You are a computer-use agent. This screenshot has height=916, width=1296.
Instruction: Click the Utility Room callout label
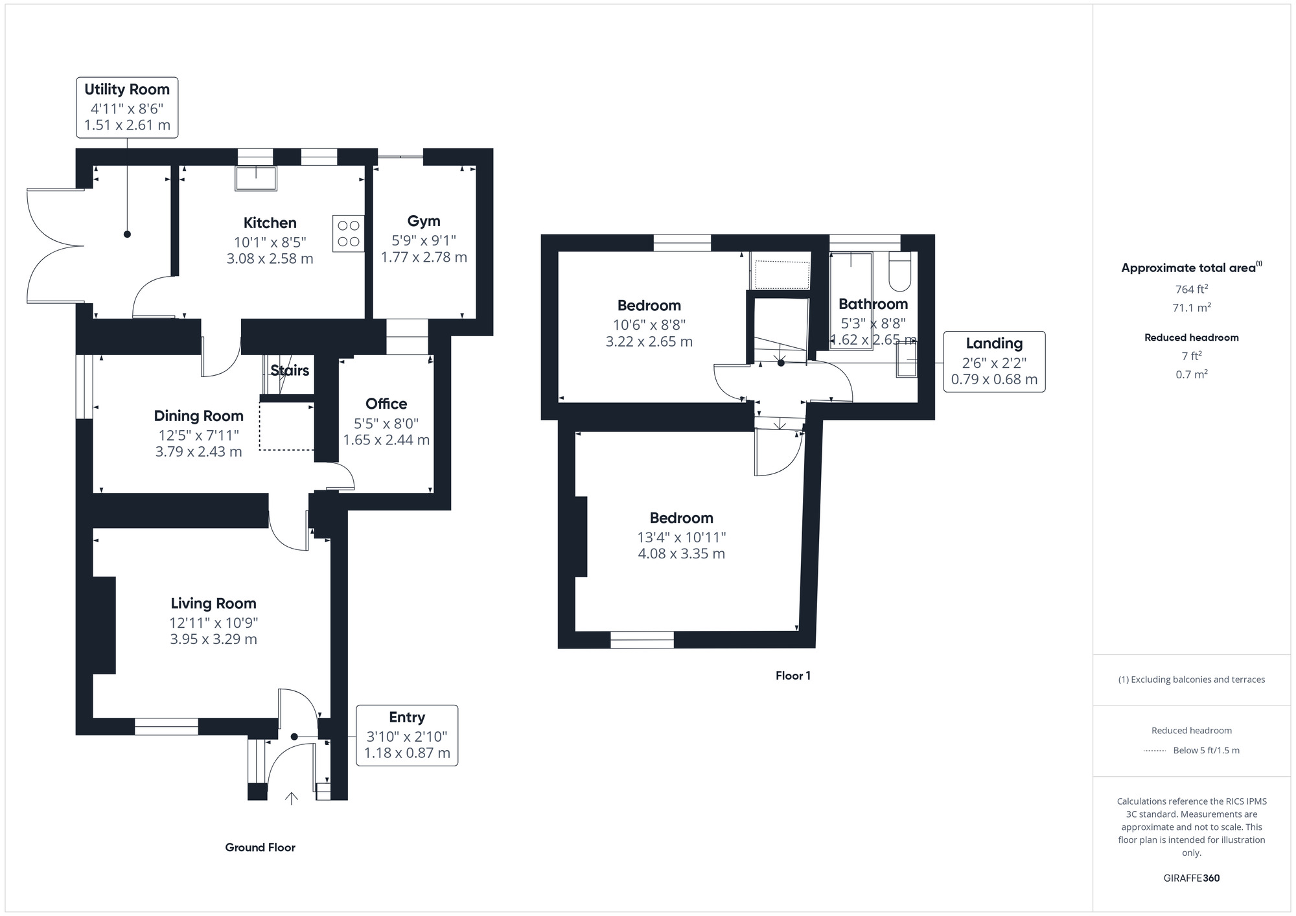coord(127,108)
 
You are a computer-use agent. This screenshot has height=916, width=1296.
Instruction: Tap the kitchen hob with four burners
coord(349,233)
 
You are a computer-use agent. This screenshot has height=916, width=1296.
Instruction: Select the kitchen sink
coord(256,178)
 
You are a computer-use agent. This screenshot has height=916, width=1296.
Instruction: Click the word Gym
coord(424,222)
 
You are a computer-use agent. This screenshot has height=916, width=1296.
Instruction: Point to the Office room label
coord(386,404)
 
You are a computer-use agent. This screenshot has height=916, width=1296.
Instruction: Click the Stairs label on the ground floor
coord(290,371)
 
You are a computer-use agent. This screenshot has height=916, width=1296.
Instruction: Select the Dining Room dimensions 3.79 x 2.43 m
coord(199,452)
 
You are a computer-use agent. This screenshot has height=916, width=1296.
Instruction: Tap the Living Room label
coord(214,603)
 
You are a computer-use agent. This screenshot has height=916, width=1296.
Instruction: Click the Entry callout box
coord(407,735)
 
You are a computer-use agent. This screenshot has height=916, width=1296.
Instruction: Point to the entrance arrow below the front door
coord(292,798)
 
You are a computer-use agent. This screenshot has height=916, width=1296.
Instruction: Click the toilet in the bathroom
coord(900,271)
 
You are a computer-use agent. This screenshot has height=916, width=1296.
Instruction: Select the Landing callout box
coord(994,361)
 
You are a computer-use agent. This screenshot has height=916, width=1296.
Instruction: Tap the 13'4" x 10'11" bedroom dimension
coord(682,537)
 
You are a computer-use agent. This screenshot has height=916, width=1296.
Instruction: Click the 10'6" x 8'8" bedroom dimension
coord(649,325)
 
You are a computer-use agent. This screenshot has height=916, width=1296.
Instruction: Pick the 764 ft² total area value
coord(1192,289)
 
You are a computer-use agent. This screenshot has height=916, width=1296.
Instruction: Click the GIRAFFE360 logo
coord(1192,878)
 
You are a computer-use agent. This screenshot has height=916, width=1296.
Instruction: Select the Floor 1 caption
coord(793,676)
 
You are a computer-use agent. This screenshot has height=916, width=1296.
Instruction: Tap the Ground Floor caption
coord(260,847)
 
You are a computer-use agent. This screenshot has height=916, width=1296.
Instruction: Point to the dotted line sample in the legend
coord(1155,751)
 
